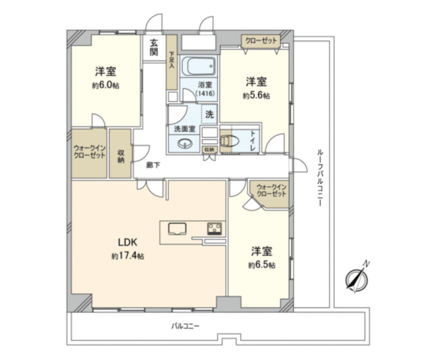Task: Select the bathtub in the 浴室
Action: click(x=198, y=67)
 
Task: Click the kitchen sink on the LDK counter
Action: click(x=177, y=228)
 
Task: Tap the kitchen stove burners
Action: click(x=214, y=228)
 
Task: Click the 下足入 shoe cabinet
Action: click(x=171, y=61)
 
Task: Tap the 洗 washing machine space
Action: click(x=209, y=114)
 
